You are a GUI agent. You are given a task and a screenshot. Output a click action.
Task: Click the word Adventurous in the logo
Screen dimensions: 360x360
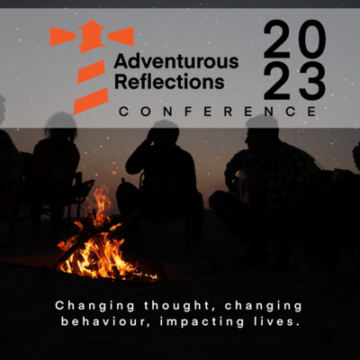coord(176,62)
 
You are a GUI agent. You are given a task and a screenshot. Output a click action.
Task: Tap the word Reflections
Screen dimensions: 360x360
coord(169,81)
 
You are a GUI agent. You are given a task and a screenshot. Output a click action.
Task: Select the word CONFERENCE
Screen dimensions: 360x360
coord(218,112)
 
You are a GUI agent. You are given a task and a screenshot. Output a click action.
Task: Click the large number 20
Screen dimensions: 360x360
coord(294,39)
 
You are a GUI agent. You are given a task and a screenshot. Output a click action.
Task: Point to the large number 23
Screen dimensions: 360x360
coord(294,81)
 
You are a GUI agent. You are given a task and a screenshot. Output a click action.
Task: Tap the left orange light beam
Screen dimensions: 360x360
coord(63,36)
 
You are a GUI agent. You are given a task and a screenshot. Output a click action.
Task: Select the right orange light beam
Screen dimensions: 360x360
coord(121,36)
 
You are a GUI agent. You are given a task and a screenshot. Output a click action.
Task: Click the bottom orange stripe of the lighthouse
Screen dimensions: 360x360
coord(91,101)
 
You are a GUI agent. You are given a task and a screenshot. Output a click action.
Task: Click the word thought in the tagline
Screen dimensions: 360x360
coord(180,306)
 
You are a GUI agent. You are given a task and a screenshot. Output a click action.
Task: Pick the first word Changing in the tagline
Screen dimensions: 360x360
coord(94,306)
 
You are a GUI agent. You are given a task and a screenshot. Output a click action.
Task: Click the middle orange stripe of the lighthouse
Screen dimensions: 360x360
coord(91,72)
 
